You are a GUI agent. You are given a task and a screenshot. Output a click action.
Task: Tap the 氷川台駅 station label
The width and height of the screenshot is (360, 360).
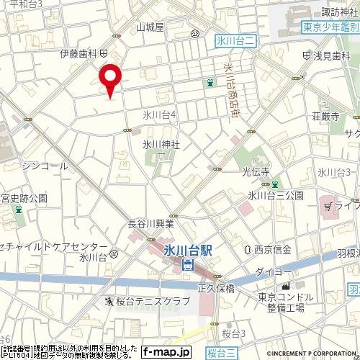(188, 250)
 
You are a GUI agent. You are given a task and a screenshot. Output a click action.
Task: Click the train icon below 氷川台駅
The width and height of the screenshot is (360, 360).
(188, 265)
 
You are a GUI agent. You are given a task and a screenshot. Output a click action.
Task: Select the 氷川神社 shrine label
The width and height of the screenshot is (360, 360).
(161, 144)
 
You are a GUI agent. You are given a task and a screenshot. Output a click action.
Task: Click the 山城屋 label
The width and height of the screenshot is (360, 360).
(150, 27)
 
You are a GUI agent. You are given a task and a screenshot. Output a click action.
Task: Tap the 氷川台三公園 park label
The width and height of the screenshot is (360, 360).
(276, 195)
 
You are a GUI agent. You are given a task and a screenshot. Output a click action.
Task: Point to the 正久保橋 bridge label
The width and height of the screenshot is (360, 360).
(216, 287)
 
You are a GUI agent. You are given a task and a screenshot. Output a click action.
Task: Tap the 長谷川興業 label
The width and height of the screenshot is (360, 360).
(150, 223)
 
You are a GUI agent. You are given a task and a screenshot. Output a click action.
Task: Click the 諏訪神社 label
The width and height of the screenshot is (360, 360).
(339, 12)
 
